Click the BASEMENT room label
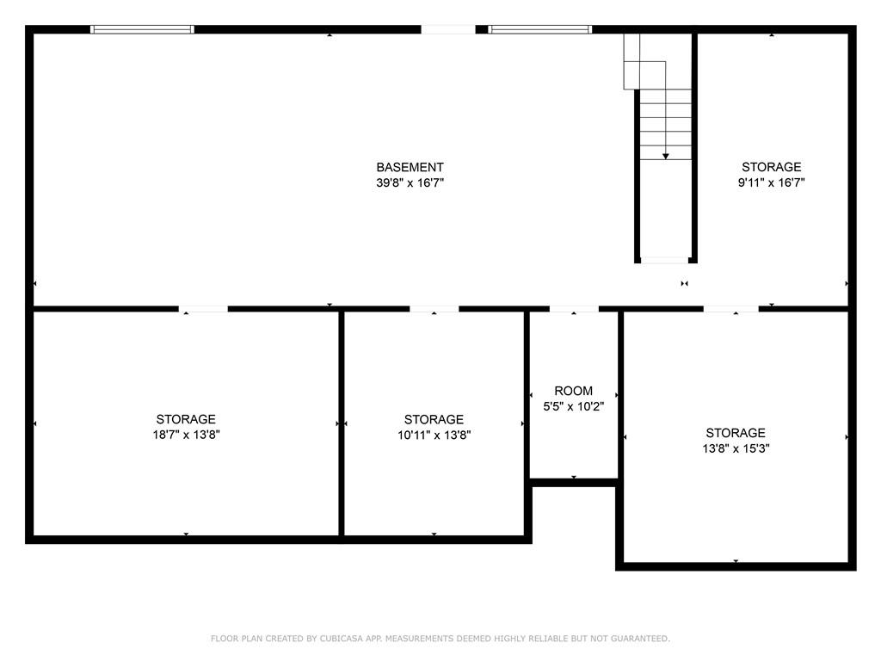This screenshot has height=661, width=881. point(410,168)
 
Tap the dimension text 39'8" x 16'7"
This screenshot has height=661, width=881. point(410,182)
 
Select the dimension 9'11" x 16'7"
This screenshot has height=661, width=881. point(771,182)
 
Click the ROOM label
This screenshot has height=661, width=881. point(573,392)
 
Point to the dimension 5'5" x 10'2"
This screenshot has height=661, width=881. point(573,406)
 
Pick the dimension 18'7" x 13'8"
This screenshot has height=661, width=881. point(186,435)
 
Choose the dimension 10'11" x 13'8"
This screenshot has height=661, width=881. point(434,435)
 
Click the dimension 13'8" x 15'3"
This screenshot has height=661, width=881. point(736,448)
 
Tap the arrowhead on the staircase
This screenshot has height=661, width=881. point(665,157)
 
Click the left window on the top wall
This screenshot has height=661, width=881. point(142,29)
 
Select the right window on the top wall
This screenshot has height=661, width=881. point(539,29)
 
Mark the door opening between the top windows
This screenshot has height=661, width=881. point(448,29)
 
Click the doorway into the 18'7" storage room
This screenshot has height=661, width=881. point(203,309)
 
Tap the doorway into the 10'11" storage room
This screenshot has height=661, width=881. point(434,309)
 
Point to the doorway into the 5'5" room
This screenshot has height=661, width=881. point(574,309)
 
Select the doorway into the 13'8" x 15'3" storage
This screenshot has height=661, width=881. point(731,309)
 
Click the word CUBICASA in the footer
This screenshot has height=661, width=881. point(341,639)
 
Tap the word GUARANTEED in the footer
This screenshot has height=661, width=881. point(640,639)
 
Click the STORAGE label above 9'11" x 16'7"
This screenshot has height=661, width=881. point(772,167)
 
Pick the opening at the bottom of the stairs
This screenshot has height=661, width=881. point(665,260)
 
